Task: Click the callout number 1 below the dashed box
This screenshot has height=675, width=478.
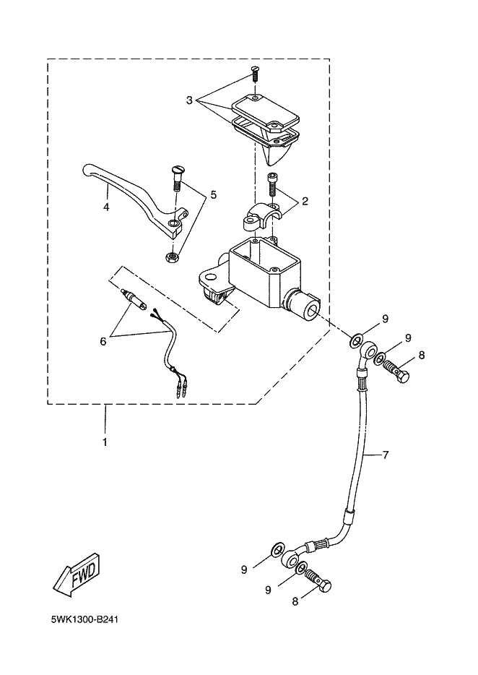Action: [105, 442]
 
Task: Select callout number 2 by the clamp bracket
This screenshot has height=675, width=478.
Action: [305, 201]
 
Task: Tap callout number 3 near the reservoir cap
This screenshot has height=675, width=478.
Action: [189, 100]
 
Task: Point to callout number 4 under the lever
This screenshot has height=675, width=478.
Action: [106, 207]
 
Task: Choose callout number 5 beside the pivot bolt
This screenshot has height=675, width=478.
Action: [214, 194]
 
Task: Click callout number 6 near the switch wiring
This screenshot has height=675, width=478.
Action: [103, 341]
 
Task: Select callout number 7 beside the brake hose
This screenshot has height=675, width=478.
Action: [386, 455]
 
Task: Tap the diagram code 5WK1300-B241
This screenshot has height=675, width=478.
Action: [84, 620]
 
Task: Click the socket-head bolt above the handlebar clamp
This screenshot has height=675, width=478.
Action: [272, 184]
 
